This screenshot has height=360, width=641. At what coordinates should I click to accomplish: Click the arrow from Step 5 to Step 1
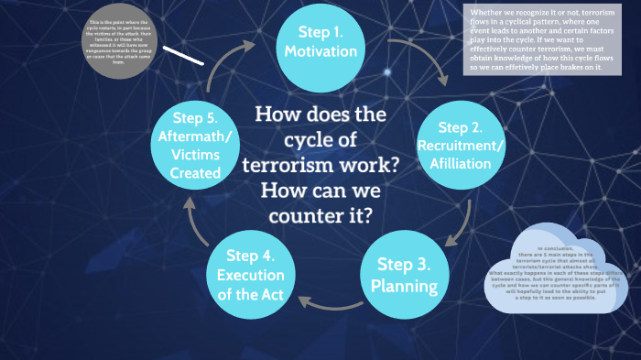click(225, 64)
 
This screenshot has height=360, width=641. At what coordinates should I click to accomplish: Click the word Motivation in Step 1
click(320, 52)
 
